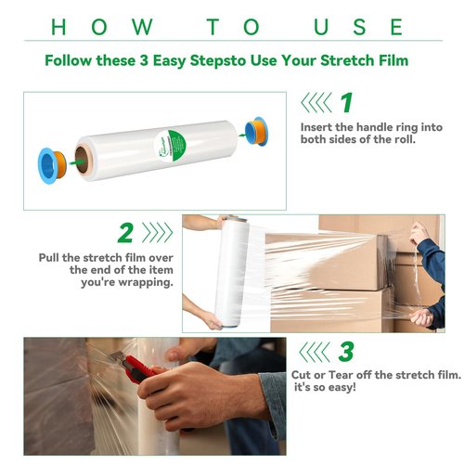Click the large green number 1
(x=345, y=102)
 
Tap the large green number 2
(x=126, y=232)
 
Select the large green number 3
(x=345, y=353)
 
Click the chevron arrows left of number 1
(x=317, y=102)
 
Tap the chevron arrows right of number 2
(x=158, y=232)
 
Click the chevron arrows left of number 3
(x=317, y=353)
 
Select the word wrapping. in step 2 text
(x=146, y=282)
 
